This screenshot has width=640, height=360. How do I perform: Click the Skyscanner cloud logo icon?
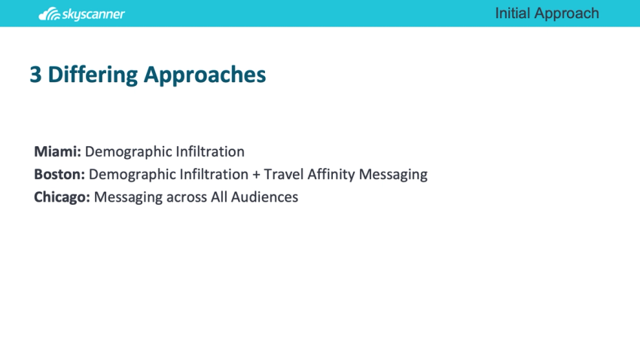coord(50,14)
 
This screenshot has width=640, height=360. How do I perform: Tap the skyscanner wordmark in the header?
coord(94,14)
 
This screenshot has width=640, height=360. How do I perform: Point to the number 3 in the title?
coord(35,75)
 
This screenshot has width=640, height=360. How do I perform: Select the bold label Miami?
coord(57,151)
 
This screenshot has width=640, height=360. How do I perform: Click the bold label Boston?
coord(59,174)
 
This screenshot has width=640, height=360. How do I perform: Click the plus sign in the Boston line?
coord(256,175)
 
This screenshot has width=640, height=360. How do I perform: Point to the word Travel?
coord(283,174)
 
